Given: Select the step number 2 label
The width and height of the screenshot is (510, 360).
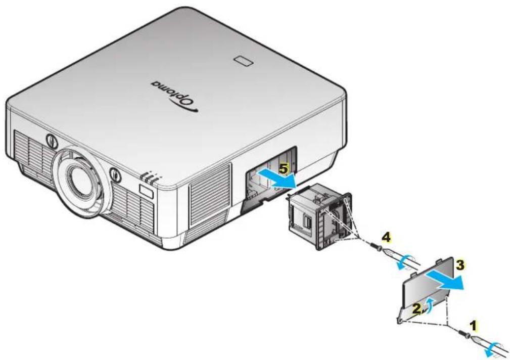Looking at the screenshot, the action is tap(416, 309).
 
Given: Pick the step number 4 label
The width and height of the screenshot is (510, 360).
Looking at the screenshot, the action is tap(386, 238).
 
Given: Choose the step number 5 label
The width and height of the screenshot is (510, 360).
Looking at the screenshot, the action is tap(284, 168).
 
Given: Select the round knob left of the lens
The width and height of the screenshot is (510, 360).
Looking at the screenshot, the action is tap(51, 140).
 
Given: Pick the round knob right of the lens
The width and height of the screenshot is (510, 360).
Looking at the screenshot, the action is tap(115, 174).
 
